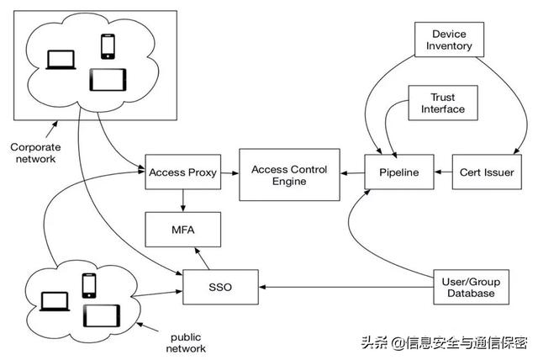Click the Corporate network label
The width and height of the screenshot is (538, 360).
click(x=34, y=152)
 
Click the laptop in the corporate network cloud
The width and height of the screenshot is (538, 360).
click(x=61, y=60)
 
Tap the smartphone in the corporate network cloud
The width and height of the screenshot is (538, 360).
click(x=108, y=45)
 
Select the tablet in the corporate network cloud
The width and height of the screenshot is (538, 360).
click(x=109, y=80)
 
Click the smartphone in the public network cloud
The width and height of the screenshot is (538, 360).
click(x=89, y=284)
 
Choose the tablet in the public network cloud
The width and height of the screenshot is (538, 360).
click(x=101, y=315)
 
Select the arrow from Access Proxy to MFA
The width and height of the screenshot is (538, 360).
click(x=182, y=199)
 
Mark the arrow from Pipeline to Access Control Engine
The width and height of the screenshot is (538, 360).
click(x=352, y=172)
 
